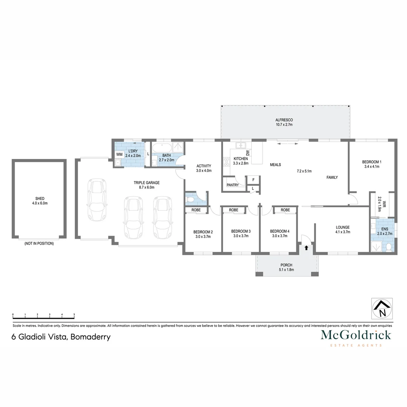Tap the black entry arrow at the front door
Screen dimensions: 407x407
coord(306,248)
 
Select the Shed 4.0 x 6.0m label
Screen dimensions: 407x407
coord(39,200)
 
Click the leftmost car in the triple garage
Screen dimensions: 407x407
coord(97,200)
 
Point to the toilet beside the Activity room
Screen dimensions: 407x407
coord(191,199)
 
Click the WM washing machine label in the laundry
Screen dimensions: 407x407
coord(119,155)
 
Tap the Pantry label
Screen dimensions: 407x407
coord(233,185)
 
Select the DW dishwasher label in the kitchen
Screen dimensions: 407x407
coord(248,153)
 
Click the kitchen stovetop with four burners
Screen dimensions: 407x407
coord(227,162)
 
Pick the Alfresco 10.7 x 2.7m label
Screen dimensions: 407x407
coord(284,122)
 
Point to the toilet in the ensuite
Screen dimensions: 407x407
coord(389,247)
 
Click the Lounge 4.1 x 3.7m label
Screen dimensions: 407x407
coord(343,230)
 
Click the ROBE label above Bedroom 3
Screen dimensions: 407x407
coord(233,210)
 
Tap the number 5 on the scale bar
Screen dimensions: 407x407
coord(74,314)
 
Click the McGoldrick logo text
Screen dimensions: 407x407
coord(356,335)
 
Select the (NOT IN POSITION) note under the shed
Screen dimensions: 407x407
coord(39,243)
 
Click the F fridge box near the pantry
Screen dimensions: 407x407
coord(253,180)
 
